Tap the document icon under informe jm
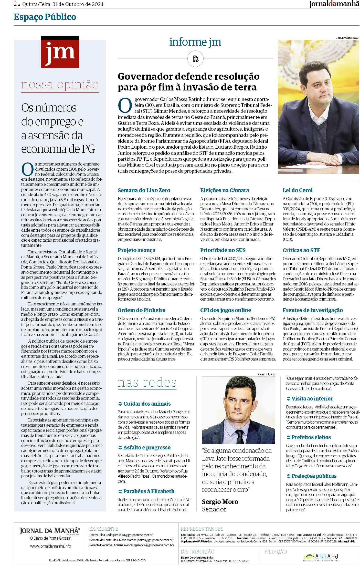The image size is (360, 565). coord(195,59)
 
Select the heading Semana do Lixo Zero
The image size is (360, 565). coord(144,190)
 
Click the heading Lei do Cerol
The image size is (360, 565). coord(298,190)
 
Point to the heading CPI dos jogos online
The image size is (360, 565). coord(225,310)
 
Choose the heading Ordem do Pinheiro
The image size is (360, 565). coord(142,310)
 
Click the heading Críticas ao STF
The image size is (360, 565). coord(301,250)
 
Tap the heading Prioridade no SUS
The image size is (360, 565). coord(223,250)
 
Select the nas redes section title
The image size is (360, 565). coord(147,383)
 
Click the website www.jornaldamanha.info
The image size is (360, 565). coord(50,546)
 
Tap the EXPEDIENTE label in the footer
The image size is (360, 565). coord(103,529)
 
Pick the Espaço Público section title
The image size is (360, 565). coord(45,17)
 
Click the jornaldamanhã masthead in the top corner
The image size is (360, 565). coord(334,4)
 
